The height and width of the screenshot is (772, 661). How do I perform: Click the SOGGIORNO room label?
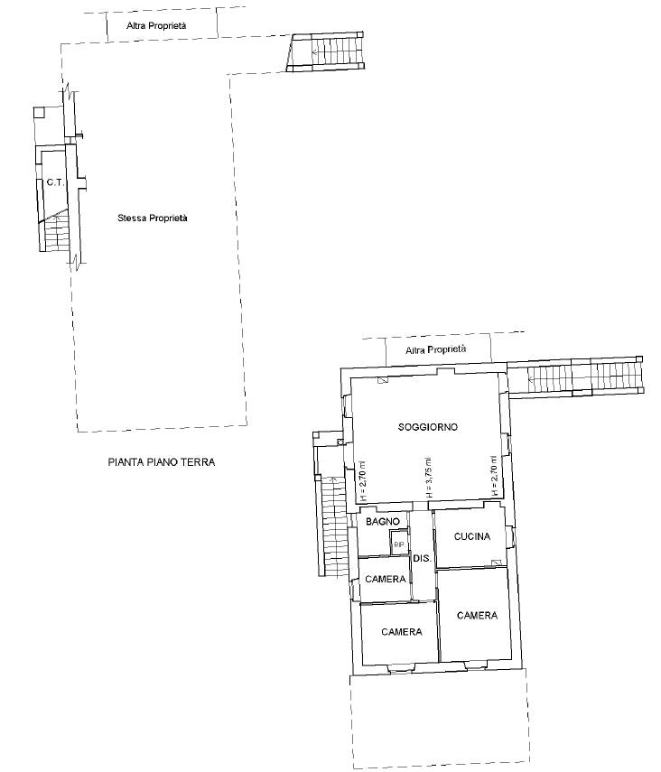(x=427, y=427)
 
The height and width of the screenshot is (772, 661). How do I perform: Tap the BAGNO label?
(x=382, y=521)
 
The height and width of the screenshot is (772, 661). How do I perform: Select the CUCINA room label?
(x=472, y=536)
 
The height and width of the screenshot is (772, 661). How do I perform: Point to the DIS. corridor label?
(x=422, y=558)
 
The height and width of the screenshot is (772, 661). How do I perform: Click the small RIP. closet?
(x=399, y=544)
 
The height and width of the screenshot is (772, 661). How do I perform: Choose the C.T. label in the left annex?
(x=55, y=182)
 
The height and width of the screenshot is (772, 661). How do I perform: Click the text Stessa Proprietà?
(x=153, y=218)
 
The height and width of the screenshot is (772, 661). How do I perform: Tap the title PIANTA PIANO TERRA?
(x=161, y=461)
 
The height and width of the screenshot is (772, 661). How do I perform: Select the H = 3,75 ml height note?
(x=428, y=478)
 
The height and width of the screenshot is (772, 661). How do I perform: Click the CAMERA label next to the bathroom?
(x=386, y=579)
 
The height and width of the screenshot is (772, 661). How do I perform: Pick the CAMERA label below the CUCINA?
(x=477, y=615)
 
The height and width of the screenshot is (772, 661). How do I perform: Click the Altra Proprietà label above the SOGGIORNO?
(x=435, y=349)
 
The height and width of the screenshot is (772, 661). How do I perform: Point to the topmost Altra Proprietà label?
(x=156, y=25)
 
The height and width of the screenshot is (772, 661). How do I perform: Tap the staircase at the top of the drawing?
(x=326, y=51)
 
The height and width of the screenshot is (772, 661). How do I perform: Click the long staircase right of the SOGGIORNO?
(x=576, y=377)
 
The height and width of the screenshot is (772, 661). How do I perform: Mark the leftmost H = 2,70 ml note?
(x=362, y=480)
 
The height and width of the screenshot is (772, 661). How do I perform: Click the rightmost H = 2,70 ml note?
(x=494, y=475)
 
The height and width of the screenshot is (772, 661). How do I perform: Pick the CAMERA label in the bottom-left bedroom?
(x=402, y=632)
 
